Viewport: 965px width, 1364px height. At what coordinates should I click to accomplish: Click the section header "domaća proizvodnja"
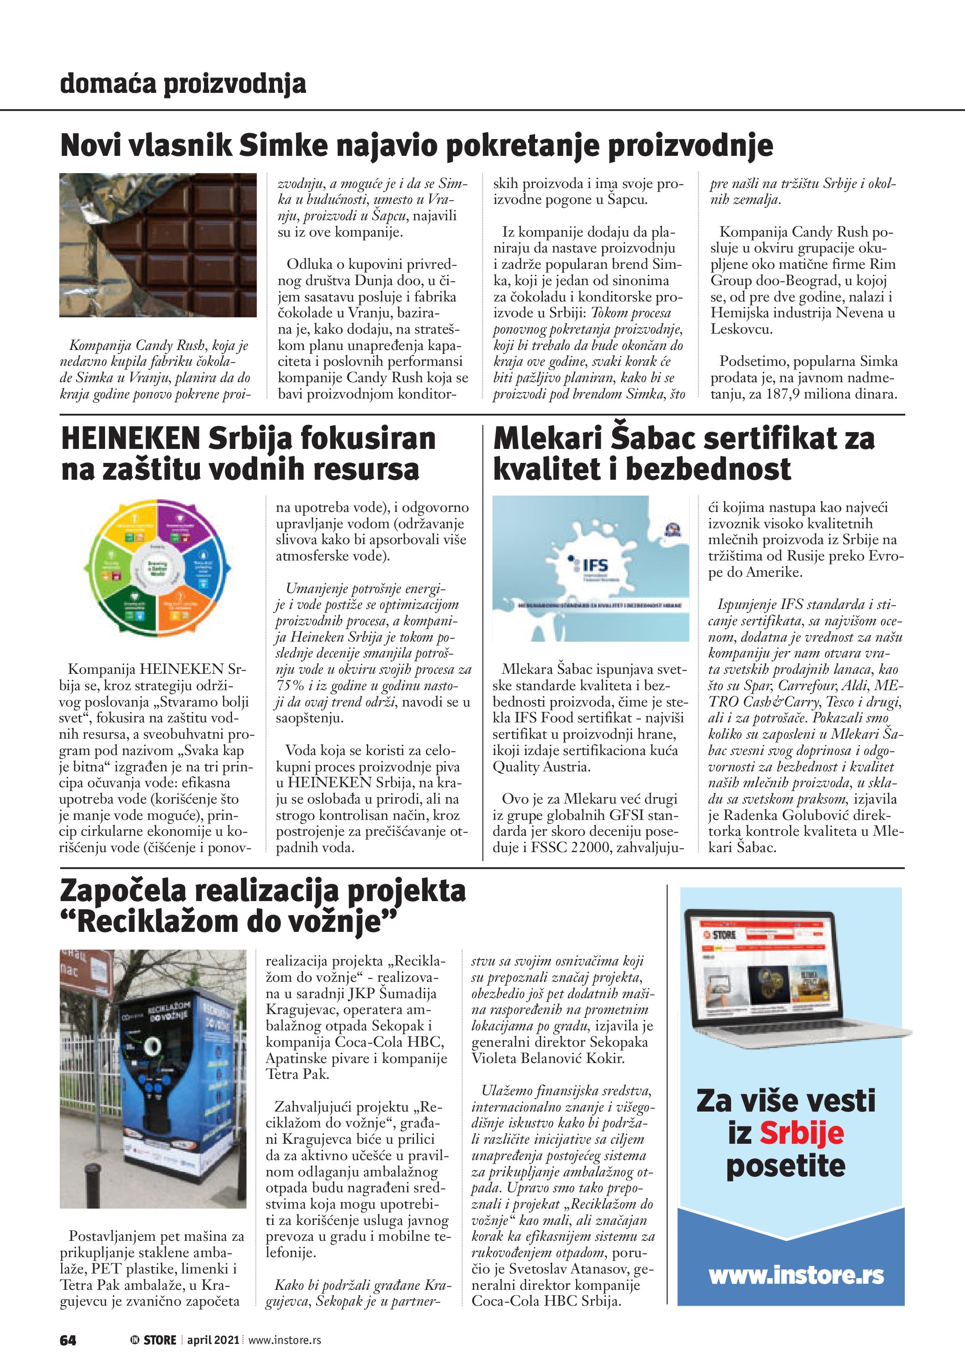tap(183, 84)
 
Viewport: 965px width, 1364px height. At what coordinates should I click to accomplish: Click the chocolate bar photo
tap(158, 245)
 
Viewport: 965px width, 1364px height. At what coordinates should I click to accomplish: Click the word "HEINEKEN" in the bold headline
tap(131, 439)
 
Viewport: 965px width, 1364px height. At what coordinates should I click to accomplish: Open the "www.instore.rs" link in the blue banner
tap(796, 1275)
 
